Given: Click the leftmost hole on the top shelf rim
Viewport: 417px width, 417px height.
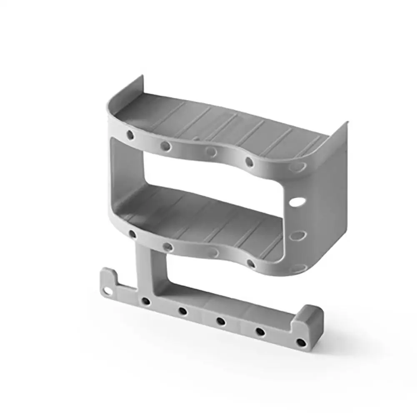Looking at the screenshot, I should pyautogui.click(x=130, y=135).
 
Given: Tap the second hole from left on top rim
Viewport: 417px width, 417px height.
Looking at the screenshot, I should pyautogui.click(x=165, y=146).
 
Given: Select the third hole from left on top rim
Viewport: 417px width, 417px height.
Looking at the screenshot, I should pyautogui.click(x=211, y=151).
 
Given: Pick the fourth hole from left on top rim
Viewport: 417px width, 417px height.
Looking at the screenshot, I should pyautogui.click(x=249, y=162).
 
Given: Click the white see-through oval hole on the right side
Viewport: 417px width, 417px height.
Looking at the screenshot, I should pyautogui.click(x=297, y=202).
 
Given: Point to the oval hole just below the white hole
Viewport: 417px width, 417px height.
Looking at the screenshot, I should pyautogui.click(x=297, y=235).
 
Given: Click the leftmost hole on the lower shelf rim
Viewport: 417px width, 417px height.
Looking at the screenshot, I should pyautogui.click(x=132, y=234).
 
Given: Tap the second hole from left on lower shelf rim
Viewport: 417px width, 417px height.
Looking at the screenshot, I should pyautogui.click(x=167, y=247).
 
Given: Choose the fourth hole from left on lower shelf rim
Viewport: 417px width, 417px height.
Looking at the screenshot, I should pyautogui.click(x=250, y=263).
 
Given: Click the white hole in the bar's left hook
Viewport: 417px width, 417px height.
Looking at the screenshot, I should pyautogui.click(x=108, y=290).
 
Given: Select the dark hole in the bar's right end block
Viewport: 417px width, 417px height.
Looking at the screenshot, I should pyautogui.click(x=301, y=343).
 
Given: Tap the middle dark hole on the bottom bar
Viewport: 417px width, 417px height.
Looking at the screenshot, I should pyautogui.click(x=221, y=321).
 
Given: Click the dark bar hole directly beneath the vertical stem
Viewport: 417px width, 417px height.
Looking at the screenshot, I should pyautogui.click(x=145, y=301).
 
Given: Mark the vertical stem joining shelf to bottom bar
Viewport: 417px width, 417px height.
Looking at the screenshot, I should pyautogui.click(x=144, y=267).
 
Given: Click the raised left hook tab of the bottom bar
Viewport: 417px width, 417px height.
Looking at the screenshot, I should pyautogui.click(x=108, y=279).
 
